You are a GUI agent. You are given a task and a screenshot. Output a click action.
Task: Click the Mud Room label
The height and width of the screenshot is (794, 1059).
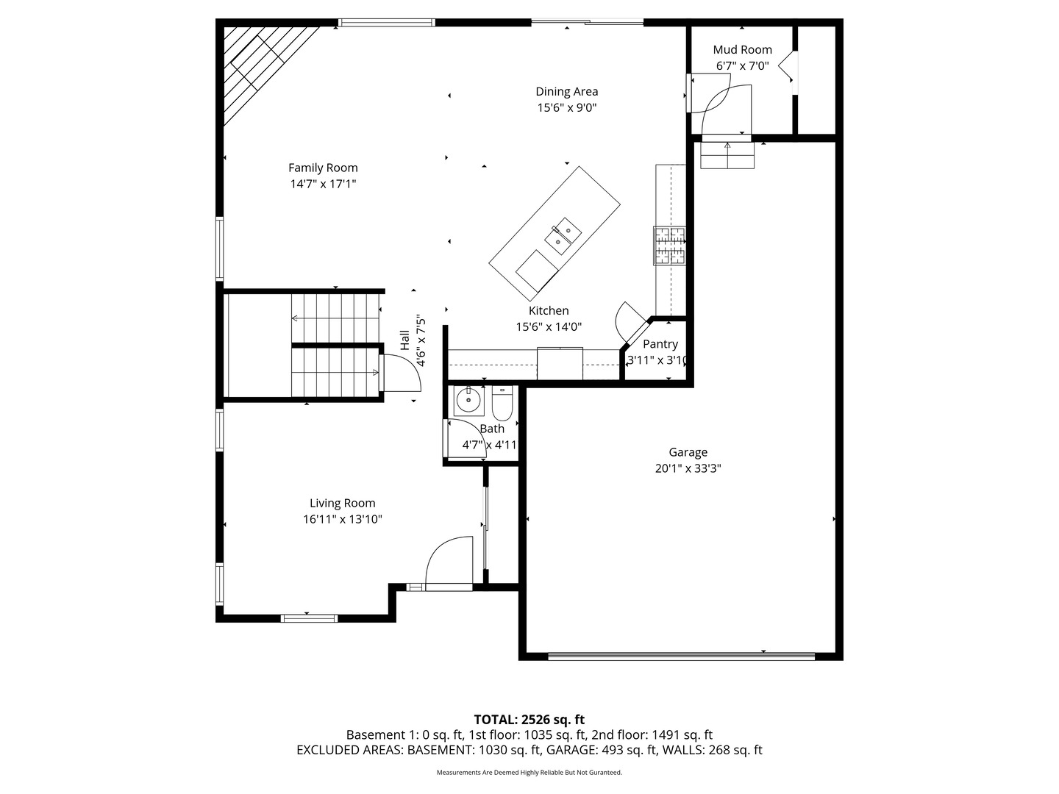pos(742,49)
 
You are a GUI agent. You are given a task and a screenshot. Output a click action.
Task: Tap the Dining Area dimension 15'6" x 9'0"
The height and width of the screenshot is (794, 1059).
pos(566,107)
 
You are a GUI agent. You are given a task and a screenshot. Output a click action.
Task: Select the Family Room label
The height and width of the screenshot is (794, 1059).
pos(323,168)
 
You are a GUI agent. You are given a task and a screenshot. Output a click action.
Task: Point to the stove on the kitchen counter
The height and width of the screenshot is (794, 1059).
pos(669,246)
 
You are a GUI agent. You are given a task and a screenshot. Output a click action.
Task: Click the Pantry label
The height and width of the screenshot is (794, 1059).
pos(660,344)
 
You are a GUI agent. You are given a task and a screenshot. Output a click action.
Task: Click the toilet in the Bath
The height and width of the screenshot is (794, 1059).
pos(502,405)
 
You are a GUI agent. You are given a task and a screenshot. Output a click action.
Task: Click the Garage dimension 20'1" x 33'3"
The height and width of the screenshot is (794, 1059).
pos(688,468)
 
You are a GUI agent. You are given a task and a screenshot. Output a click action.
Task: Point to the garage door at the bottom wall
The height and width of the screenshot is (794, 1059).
pos(682,656)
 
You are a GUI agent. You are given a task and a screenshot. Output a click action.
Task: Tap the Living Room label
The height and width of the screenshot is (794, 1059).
pos(342,503)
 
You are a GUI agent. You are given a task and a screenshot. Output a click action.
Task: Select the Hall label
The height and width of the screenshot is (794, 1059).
pos(404,340)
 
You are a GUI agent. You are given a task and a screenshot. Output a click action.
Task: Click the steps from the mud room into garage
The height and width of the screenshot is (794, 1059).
pos(727,155)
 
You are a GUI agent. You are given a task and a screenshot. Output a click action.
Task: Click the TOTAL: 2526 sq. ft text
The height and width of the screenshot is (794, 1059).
pos(529,719)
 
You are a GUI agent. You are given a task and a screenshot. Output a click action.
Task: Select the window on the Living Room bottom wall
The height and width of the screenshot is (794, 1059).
pos(310,618)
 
